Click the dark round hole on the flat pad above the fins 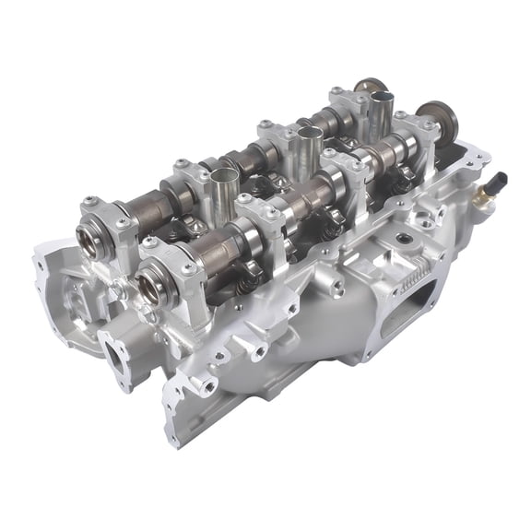(402, 238)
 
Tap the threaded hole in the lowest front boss (205, 385)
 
